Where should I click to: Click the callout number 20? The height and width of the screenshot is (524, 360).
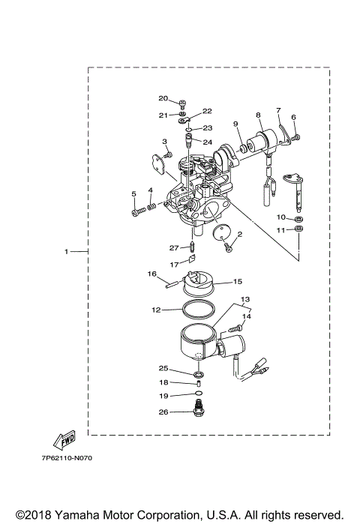tap(163, 98)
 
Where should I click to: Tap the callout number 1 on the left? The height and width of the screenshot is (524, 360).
tap(66, 251)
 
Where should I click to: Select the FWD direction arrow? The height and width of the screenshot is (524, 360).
tap(63, 439)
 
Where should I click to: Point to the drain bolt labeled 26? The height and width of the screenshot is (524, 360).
tap(199, 410)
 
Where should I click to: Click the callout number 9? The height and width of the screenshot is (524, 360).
tap(235, 124)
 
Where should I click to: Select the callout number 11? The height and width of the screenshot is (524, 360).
tap(281, 229)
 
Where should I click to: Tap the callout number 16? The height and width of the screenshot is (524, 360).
tap(151, 274)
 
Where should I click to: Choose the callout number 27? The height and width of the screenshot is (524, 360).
tap(173, 247)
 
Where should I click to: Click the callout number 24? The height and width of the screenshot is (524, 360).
tap(186, 142)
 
